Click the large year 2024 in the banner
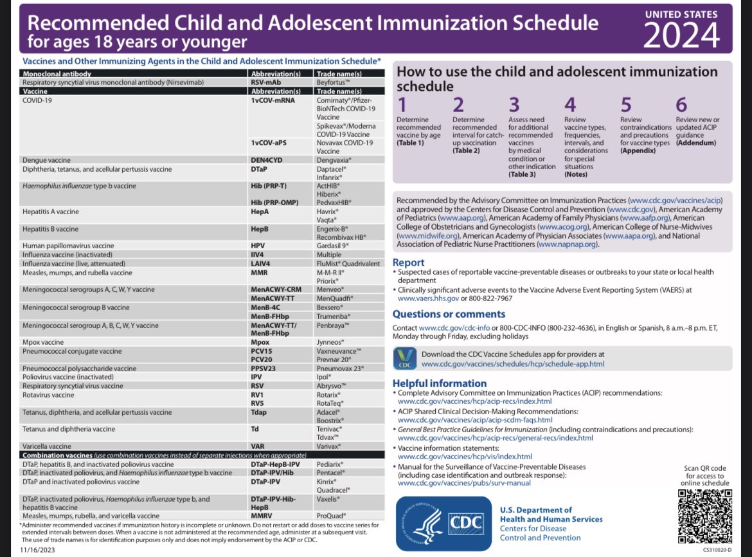681,35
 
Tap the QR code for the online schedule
704,516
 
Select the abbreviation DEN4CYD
267,160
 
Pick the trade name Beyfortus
333,82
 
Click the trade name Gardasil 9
332,246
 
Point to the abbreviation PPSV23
264,369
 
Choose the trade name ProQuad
330,516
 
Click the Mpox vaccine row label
43,342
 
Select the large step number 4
569,105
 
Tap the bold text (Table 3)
522,175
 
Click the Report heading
408,262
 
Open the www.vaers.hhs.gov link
428,298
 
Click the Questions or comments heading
449,314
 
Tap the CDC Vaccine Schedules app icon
405,358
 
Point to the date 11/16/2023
37,550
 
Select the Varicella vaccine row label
46,446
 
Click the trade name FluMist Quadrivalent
348,264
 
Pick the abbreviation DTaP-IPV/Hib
272,473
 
